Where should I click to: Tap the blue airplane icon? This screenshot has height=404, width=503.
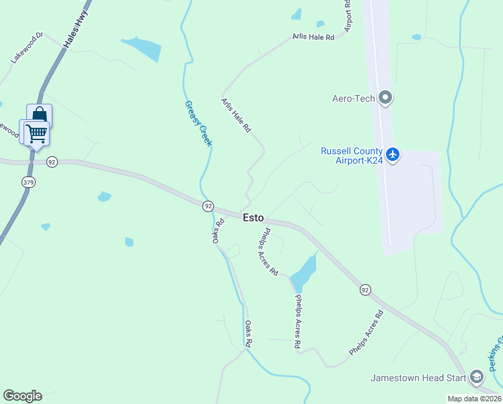(393, 156)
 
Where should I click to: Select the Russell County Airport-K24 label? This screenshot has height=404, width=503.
(352, 156)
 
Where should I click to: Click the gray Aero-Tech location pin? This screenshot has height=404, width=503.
(385, 98)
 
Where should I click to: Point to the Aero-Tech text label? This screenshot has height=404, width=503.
(353, 98)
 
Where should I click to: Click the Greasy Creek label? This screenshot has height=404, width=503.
(199, 123)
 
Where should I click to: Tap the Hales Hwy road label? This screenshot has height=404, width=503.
(77, 32)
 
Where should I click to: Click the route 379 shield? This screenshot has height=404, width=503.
(28, 182)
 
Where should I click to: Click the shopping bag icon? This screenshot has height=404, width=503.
(39, 114)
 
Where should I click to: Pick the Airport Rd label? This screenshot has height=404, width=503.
(348, 15)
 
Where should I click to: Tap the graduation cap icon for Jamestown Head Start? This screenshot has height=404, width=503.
(477, 377)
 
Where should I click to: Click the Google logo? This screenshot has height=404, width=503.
(22, 396)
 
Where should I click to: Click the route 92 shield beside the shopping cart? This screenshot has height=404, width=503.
(52, 162)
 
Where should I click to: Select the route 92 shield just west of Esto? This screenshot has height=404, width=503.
(208, 205)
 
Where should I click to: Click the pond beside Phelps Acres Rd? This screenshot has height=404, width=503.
(305, 269)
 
